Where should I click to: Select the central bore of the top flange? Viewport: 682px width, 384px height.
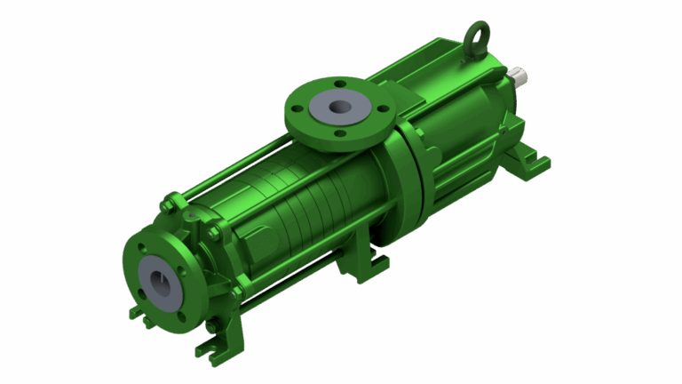338,107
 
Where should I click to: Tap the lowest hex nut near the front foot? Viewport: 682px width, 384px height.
210,327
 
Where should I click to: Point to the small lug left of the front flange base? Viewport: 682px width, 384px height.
135,312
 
